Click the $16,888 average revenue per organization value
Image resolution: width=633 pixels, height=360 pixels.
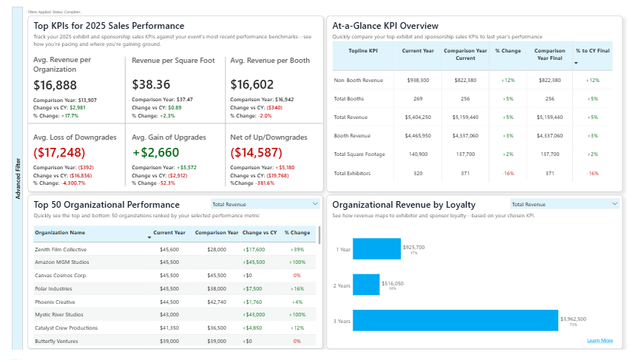(55, 86)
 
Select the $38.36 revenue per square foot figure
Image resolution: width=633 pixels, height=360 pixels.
(151, 86)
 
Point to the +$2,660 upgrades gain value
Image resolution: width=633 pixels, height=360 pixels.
(155, 153)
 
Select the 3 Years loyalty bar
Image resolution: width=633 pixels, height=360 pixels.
(455, 320)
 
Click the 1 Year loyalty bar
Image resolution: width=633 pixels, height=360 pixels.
(376, 249)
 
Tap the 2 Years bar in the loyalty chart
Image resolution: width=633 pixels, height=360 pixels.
(366, 285)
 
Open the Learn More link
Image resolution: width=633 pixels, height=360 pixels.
(599, 340)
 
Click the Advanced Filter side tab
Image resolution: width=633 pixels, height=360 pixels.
(18, 178)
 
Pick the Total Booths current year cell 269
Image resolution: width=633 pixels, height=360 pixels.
(418, 98)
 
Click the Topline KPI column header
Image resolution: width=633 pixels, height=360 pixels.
(362, 50)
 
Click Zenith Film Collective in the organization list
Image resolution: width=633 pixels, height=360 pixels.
(61, 249)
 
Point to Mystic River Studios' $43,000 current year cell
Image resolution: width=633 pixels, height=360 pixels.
(170, 315)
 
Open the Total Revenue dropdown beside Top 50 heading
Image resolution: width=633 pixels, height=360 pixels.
(264, 203)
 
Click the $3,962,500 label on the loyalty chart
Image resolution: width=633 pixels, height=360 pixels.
(573, 319)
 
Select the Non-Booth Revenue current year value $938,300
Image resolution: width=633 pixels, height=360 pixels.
(418, 80)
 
